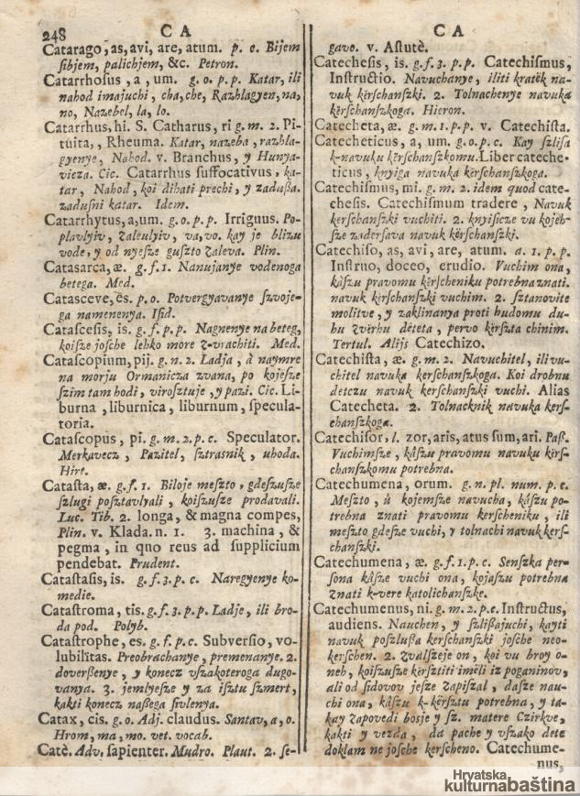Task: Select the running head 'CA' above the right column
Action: pyautogui.click(x=445, y=30)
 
